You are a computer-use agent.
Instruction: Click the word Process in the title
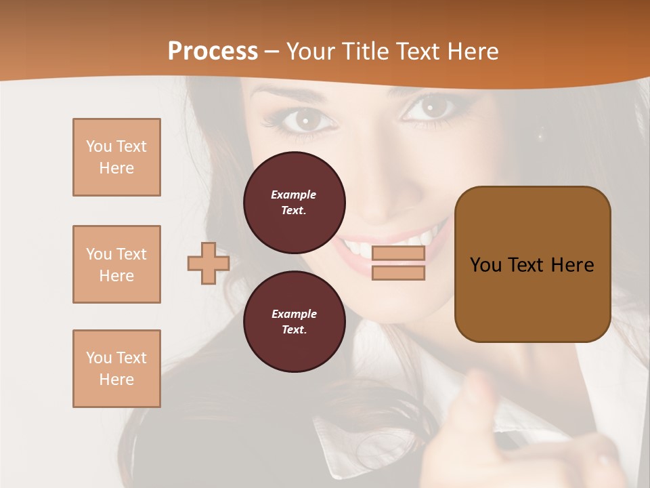tap(213, 52)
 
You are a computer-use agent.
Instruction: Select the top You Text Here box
tap(116, 157)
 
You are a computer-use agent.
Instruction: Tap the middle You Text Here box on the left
tap(116, 264)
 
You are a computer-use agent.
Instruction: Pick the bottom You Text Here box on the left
tap(116, 369)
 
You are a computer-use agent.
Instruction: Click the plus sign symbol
tap(208, 264)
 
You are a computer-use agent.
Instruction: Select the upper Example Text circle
tap(294, 202)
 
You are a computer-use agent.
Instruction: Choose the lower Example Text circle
tap(294, 321)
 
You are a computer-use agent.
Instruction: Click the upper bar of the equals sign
tap(398, 253)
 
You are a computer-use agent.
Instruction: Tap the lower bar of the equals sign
tap(398, 273)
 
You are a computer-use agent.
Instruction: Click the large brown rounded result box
tap(532, 264)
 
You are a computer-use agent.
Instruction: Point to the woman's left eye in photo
tap(306, 121)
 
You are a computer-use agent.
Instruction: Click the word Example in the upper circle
tap(294, 195)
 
